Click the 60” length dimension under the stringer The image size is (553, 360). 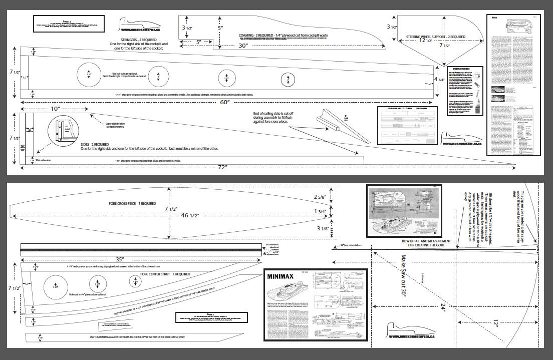pyautogui.click(x=225, y=102)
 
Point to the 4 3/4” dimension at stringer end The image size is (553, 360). pyautogui.click(x=439, y=79)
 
